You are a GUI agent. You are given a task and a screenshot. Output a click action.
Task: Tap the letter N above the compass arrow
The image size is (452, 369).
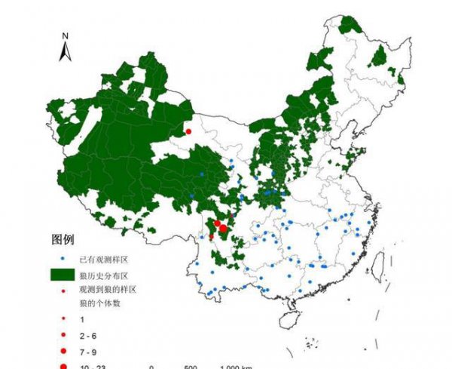coord(66,35)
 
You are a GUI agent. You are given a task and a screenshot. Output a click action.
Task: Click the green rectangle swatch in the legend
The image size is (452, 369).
coord(64,274)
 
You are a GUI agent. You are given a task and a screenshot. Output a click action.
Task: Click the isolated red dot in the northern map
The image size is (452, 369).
coord(188,131)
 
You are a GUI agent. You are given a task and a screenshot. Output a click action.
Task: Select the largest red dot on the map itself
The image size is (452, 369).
coord(223,228)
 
